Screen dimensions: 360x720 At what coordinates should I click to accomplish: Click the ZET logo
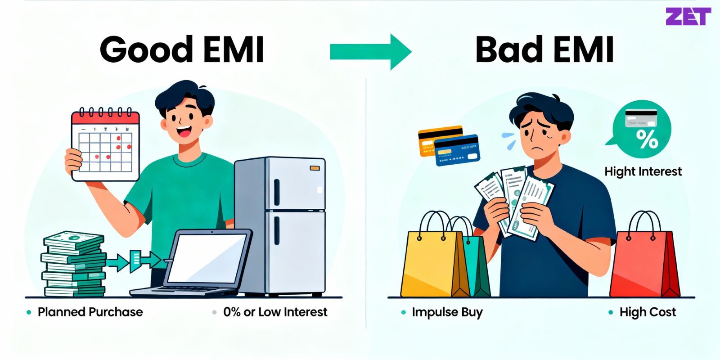pos(688,17)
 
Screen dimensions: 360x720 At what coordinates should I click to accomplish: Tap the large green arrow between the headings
pos(370,52)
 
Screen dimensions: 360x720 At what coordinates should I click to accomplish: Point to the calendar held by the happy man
pos(106,145)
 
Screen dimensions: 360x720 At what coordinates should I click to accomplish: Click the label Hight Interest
pos(643,171)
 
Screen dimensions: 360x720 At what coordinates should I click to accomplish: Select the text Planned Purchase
pos(90,312)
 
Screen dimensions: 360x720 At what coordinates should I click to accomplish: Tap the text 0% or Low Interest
pos(275,312)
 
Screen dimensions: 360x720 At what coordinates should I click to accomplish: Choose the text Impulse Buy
pos(447,312)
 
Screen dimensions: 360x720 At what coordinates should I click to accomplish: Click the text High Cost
pos(647,312)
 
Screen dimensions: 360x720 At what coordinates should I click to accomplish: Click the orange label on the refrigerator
pos(315,168)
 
